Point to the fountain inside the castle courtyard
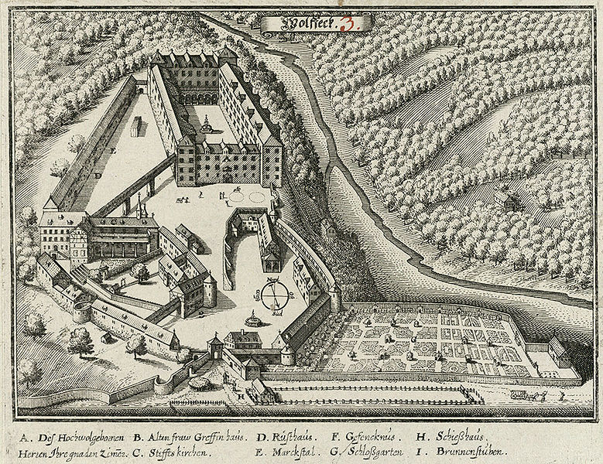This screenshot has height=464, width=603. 207,123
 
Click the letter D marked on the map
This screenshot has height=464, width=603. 98,176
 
